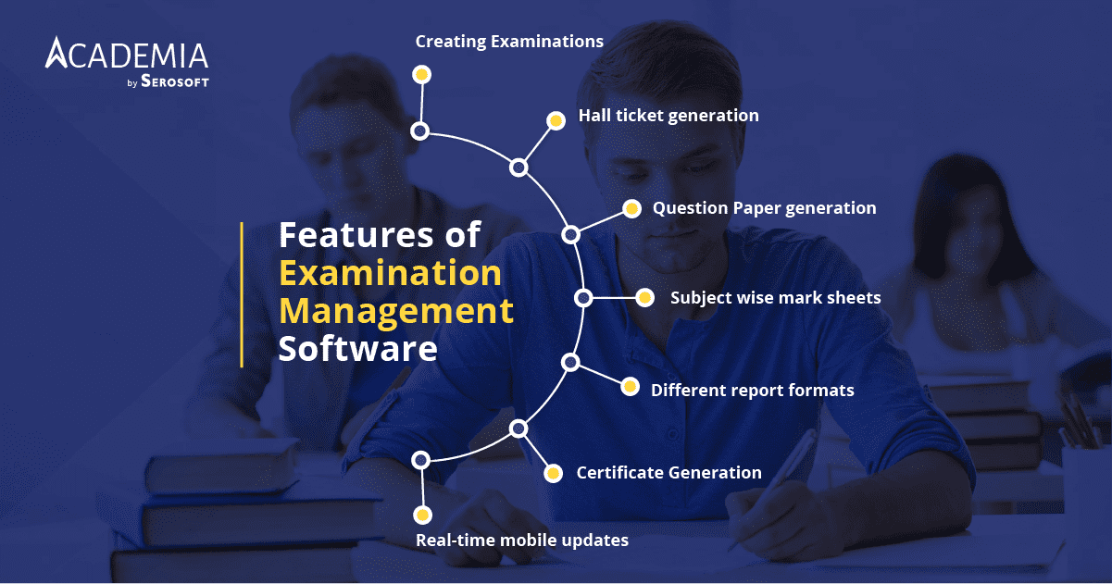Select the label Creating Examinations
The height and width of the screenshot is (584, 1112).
[x=509, y=42]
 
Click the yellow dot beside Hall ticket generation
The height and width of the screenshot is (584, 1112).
[x=556, y=120]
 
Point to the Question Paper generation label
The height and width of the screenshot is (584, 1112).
[x=764, y=208]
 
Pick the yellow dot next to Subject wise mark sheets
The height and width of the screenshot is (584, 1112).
[x=644, y=298]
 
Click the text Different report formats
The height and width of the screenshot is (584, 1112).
[x=752, y=390]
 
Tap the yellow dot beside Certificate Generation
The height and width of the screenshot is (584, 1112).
[x=553, y=474]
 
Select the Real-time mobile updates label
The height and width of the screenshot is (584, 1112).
[x=521, y=540]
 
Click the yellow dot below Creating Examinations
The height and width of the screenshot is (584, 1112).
[x=421, y=74]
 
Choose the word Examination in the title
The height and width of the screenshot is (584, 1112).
[x=390, y=273]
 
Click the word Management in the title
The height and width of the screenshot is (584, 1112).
[x=395, y=311]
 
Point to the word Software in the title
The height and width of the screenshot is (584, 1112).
[x=357, y=349]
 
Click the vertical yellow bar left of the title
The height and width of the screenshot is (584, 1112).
[x=242, y=294]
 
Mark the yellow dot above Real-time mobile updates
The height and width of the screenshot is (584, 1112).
[x=422, y=515]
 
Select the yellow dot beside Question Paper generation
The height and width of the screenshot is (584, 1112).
[x=631, y=209]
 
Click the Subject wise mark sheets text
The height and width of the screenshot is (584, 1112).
[x=775, y=298]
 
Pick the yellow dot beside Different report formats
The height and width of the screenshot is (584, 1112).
[x=630, y=387]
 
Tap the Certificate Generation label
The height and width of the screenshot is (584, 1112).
[x=668, y=473]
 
